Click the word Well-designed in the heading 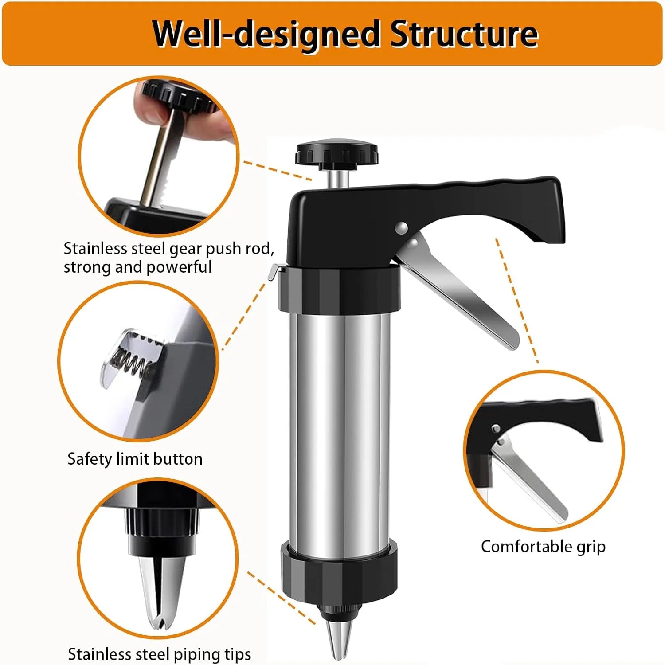point(266,34)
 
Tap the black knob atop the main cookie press point(337,153)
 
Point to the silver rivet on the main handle point(402,227)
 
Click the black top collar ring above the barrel point(339,288)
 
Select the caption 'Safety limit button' point(135,458)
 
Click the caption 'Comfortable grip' point(543,546)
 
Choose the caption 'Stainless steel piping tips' point(159,654)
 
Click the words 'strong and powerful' point(137,267)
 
